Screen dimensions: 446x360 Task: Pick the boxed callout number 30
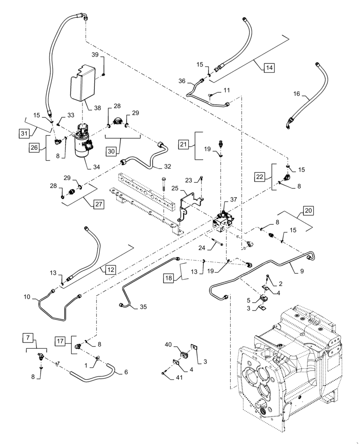click(112, 151)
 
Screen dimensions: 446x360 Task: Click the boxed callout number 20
click(308, 209)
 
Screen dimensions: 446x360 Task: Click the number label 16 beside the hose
click(297, 95)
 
